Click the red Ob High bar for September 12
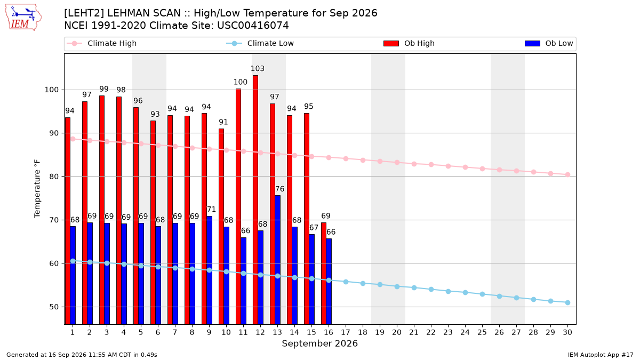point(255,199)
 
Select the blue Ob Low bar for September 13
point(277,260)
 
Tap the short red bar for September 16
point(324,274)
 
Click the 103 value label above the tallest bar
point(258,69)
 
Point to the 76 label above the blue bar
point(279,189)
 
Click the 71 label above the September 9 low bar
point(211,210)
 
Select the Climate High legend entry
point(101,43)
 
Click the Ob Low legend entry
point(549,43)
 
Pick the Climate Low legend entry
point(260,43)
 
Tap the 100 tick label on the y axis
point(51,90)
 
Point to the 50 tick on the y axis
point(54,307)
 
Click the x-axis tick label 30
point(567,332)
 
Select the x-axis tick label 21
point(414,332)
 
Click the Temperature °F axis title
point(37,189)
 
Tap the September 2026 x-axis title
point(319,343)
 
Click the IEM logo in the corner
point(23,17)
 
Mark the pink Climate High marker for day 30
point(567,174)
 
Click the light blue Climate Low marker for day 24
point(465,293)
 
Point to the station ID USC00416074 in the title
point(253,26)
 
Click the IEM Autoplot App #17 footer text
point(601,355)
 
